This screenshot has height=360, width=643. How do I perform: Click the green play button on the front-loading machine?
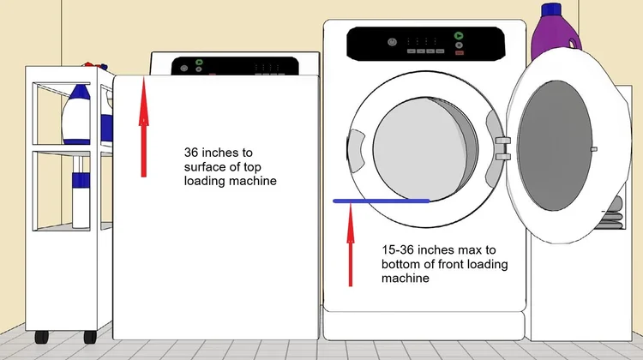459,36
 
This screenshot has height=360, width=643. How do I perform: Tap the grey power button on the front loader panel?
392,42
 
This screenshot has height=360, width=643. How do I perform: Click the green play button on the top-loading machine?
199,63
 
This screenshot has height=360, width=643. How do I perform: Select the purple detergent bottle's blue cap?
551,9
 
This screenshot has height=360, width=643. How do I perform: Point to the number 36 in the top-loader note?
191,153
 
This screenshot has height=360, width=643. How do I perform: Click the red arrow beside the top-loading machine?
143,127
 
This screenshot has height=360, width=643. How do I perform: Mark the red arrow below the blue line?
350,245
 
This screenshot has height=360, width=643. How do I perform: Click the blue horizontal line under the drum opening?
382,201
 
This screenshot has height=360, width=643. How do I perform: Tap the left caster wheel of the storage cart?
42,337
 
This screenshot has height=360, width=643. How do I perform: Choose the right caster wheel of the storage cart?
90,337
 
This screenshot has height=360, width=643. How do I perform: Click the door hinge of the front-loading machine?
502,148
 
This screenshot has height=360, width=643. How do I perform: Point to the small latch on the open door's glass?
593,149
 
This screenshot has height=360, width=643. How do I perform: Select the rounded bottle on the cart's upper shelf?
76,114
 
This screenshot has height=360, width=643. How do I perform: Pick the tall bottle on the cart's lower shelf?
81,193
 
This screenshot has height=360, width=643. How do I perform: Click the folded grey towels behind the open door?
610,213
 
